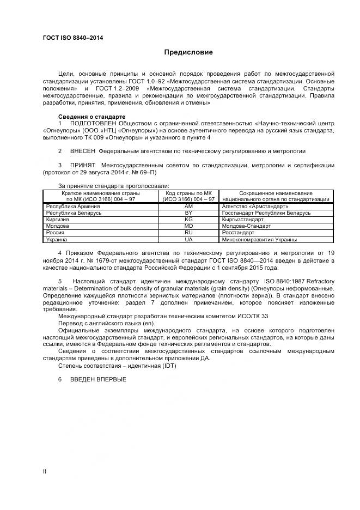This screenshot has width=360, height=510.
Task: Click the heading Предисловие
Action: (188, 52)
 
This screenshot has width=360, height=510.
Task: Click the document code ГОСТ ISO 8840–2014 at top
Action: (73, 38)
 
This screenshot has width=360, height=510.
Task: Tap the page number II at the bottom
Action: (45, 470)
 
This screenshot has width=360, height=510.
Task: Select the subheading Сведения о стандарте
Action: (91, 117)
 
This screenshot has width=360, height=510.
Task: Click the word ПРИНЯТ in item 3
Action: (82, 165)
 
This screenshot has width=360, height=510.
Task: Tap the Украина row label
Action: (57, 239)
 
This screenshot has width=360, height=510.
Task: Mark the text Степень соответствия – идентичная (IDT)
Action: (117, 366)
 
